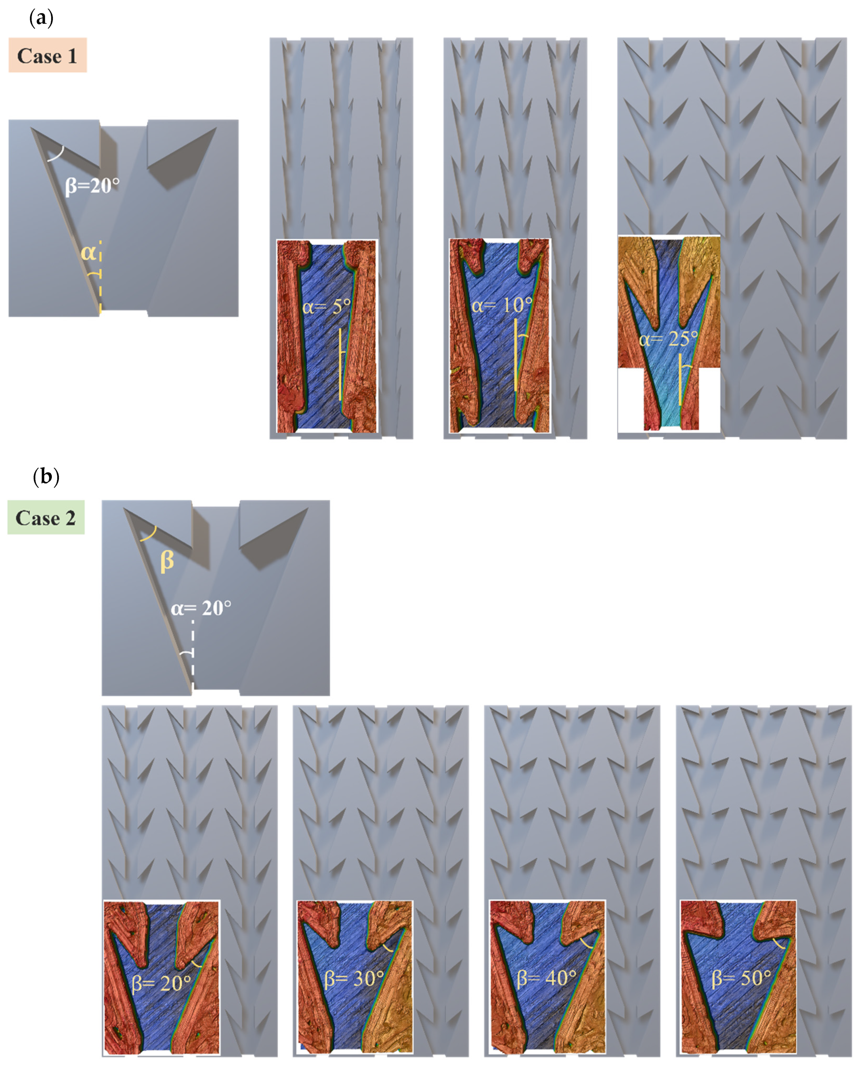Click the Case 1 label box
click(x=48, y=55)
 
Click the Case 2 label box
click(x=46, y=517)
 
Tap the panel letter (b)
click(x=46, y=477)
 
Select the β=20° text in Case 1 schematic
click(x=92, y=186)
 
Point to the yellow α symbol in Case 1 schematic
click(x=88, y=253)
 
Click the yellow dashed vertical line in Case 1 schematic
click(x=100, y=277)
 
